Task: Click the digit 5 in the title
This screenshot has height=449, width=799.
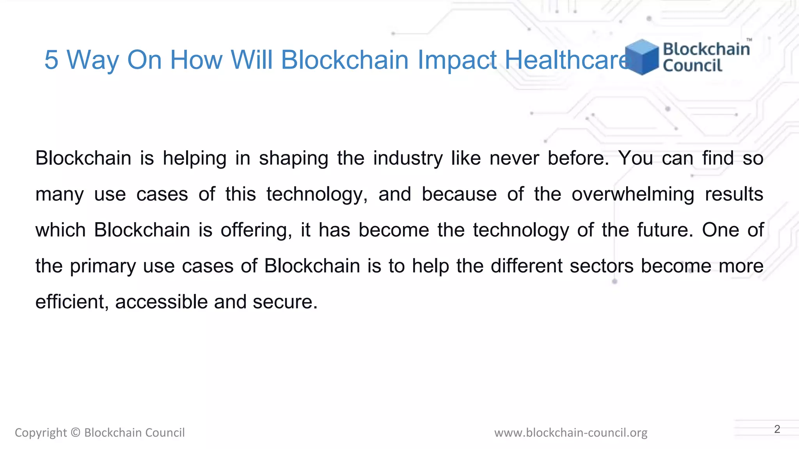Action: pos(51,60)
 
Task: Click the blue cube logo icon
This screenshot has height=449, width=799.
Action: pos(642,57)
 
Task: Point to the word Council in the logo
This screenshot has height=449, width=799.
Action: pos(692,65)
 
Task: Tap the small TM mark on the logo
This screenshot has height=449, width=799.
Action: pos(749,40)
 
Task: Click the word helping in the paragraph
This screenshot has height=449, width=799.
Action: pos(194,159)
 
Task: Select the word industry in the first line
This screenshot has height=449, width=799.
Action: pos(408,159)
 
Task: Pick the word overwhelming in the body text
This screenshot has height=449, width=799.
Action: pos(633,194)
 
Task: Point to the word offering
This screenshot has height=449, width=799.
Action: pos(256,230)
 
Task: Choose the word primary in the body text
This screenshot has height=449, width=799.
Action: pos(103,267)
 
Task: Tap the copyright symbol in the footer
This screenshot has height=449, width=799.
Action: pos(76,433)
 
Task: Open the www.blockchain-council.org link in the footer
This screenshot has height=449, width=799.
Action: pos(571,433)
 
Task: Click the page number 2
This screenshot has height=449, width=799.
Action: pos(777,429)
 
